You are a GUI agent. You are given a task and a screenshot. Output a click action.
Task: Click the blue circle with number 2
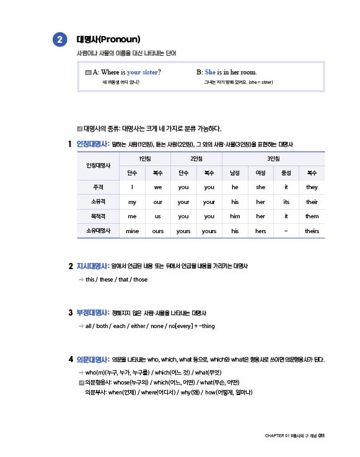(59, 40)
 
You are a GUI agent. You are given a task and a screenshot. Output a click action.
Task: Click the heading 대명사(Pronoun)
(108, 40)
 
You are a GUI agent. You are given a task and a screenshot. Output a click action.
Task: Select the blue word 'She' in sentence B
(211, 72)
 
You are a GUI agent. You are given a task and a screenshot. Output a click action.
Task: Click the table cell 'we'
(158, 187)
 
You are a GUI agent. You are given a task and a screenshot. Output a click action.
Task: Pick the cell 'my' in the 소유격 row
(132, 202)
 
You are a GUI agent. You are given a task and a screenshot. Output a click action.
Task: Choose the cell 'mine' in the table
(132, 231)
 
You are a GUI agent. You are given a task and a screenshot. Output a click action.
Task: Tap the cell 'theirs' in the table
(312, 231)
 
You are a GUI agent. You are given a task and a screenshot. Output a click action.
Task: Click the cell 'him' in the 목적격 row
(235, 216)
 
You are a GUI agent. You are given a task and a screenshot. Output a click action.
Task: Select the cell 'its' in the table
(286, 202)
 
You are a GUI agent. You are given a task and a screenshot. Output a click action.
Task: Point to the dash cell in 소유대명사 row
(286, 231)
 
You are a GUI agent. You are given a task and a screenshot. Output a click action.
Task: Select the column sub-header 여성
(260, 173)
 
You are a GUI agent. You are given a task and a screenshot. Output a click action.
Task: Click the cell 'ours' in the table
(158, 231)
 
